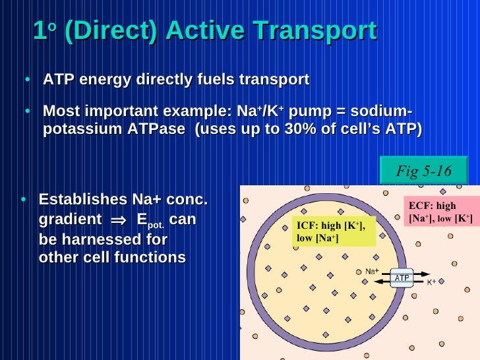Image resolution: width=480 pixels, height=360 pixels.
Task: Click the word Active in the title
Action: tap(204, 30)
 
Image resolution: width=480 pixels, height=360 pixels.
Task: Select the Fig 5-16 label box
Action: tap(423, 171)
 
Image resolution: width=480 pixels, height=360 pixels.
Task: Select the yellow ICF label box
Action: tap(333, 231)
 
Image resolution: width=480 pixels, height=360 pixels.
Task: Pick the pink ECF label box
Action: tap(440, 212)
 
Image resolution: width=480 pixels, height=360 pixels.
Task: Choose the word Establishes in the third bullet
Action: tap(82, 200)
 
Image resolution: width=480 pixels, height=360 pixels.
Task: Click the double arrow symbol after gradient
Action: tap(117, 220)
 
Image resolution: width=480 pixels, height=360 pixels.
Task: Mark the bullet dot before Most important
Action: tap(28, 111)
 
